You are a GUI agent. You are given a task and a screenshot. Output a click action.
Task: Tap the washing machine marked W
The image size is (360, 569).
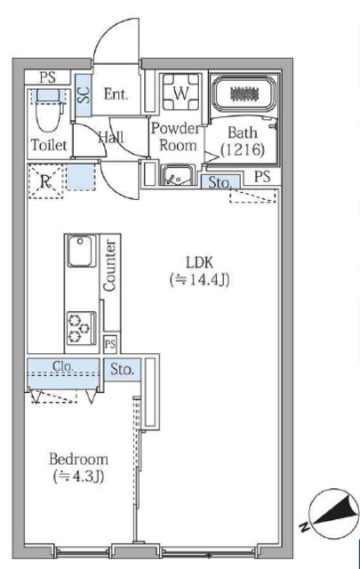pyautogui.click(x=180, y=92)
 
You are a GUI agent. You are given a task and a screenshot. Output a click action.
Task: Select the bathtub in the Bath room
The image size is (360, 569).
pyautogui.click(x=244, y=94)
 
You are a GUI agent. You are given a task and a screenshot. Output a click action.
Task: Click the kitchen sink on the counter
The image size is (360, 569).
pyautogui.click(x=82, y=251)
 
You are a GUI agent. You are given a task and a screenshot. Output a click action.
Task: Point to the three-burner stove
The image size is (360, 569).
pyautogui.click(x=81, y=328)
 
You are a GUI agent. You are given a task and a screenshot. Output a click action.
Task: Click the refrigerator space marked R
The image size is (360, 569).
pyautogui.click(x=45, y=181)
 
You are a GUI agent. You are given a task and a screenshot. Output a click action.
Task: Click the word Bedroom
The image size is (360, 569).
pyautogui.click(x=79, y=460)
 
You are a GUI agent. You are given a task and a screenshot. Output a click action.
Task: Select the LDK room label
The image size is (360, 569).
pyautogui.click(x=199, y=261)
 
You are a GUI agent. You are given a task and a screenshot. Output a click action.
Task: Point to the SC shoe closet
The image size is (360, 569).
pyautogui.click(x=84, y=95)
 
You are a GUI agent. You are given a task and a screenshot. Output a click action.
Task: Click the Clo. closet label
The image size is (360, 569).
pyautogui.click(x=63, y=365)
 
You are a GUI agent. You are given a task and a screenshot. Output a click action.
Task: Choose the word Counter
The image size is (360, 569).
pyautogui.click(x=109, y=266)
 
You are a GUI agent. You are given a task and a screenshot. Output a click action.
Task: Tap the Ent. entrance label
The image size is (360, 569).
pyautogui.click(x=116, y=94)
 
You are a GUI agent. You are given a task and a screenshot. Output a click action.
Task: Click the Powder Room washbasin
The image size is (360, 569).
pyautogui.click(x=177, y=175)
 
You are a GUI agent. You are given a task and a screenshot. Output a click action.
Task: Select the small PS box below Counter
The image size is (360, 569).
pyautogui.click(x=110, y=343)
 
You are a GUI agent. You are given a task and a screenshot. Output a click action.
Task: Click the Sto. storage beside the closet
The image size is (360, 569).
pyautogui.click(x=122, y=370)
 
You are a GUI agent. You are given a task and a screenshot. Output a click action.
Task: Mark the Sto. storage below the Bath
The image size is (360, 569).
pyautogui.click(x=220, y=182)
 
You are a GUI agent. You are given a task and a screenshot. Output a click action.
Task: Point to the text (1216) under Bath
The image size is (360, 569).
pyautogui.click(x=242, y=149)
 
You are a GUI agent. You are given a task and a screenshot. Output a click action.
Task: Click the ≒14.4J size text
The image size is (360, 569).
pyautogui.click(x=199, y=280)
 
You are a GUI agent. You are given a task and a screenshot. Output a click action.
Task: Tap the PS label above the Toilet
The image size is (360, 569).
pyautogui.click(x=48, y=77)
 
